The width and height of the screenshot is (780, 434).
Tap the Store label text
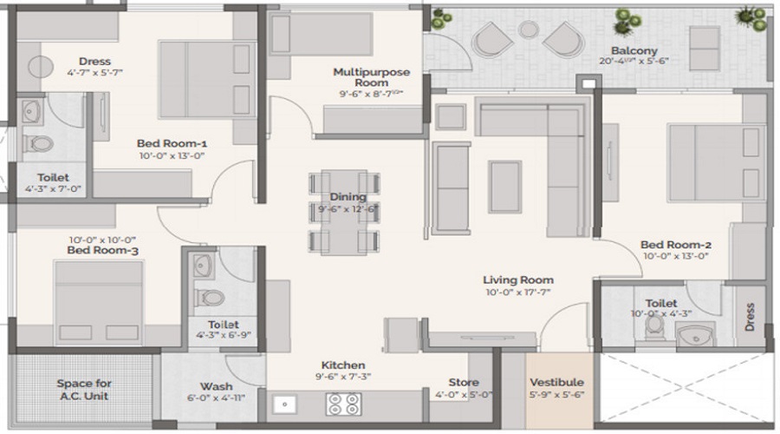[x=464, y=382]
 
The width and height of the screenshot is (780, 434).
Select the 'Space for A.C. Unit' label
[x=84, y=390]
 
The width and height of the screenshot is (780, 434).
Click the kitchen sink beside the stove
[x=285, y=404]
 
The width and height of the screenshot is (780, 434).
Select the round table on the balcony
[x=528, y=30]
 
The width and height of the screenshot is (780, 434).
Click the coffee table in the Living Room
[x=504, y=186]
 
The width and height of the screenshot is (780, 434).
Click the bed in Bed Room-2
[x=703, y=163]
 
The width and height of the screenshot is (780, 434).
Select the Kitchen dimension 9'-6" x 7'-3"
[x=342, y=378]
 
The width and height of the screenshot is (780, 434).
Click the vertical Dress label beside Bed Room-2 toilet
[x=750, y=316]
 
